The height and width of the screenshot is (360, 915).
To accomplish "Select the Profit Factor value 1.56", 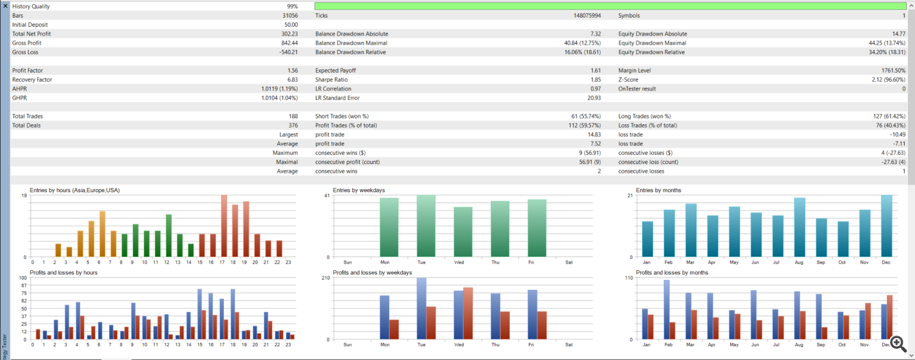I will point(293,71).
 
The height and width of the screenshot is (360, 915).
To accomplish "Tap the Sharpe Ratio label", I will point(332,80).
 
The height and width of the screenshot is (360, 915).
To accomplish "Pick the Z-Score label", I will point(629,80).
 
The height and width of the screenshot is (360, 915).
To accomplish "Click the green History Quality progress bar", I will point(610,6).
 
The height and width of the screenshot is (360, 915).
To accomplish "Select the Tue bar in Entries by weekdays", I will point(426,226).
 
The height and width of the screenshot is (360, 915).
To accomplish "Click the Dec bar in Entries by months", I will point(886,226).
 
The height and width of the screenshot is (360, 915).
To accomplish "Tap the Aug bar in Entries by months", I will point(799,227).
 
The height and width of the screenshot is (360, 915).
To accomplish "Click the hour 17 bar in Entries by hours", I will point(224,226).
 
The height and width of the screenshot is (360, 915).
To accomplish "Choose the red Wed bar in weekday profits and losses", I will point(468,313).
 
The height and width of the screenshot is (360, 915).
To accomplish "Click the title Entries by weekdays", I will point(359,190).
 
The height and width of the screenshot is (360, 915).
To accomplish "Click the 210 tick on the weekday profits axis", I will point(325,278).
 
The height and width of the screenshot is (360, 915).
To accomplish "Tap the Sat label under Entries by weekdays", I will point(569,262).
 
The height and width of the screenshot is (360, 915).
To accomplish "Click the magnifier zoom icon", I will point(897,344).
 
